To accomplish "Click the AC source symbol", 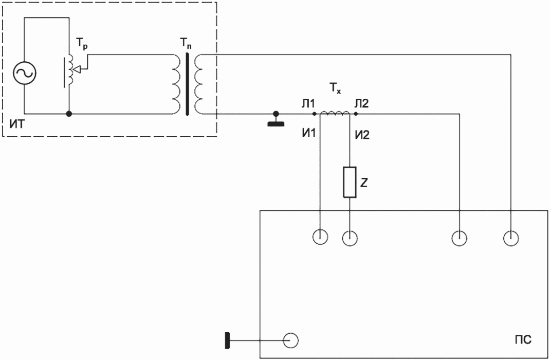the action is tap(24, 73).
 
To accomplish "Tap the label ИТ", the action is tap(17, 124).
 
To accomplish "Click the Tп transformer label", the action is tap(186, 44).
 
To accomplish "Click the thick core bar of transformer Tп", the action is tap(188, 84).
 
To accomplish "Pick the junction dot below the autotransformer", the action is tap(69, 114).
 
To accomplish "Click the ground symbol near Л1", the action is tap(276, 119).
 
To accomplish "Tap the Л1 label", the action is tap(308, 103).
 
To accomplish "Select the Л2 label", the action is tap(362, 103).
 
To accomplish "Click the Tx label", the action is tap(335, 88).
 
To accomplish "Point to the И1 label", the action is tap(309, 133).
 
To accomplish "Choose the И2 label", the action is tap(362, 135).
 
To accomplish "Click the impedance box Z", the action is tap(350, 182).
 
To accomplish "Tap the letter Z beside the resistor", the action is tap(364, 183).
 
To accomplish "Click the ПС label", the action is tap(523, 339).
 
